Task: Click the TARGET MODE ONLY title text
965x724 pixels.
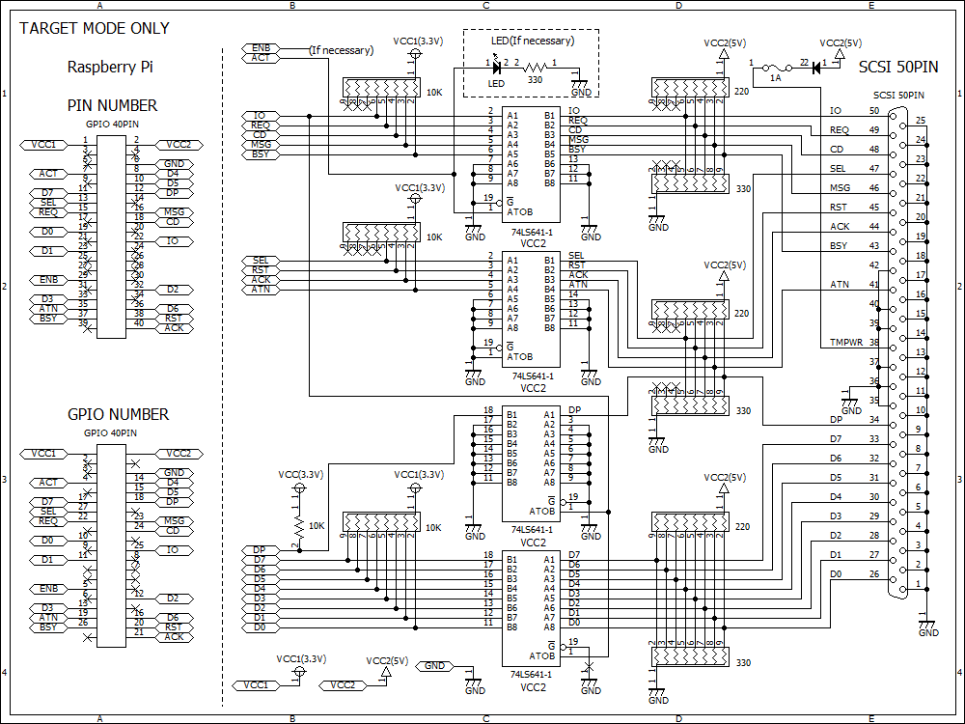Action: click(95, 28)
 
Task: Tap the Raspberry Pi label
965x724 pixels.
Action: click(110, 68)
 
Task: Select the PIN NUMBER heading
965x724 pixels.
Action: click(112, 105)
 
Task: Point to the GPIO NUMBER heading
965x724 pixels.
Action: click(118, 414)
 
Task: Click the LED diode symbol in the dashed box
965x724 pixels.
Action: click(498, 67)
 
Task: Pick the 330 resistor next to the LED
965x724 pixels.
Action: click(534, 67)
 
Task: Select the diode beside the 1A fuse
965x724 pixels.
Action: click(815, 67)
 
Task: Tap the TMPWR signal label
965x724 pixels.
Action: click(846, 343)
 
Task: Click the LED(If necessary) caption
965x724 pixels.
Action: click(532, 41)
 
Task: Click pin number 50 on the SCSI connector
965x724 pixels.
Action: click(873, 111)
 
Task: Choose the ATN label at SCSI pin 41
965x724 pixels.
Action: click(840, 285)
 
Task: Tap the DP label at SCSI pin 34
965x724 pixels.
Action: click(836, 420)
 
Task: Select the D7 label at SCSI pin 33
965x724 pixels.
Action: click(836, 439)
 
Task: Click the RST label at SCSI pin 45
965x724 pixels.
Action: click(840, 208)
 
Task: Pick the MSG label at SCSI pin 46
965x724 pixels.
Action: click(840, 188)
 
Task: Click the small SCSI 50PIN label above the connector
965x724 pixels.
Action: click(898, 96)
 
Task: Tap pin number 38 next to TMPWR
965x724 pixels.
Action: click(873, 343)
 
